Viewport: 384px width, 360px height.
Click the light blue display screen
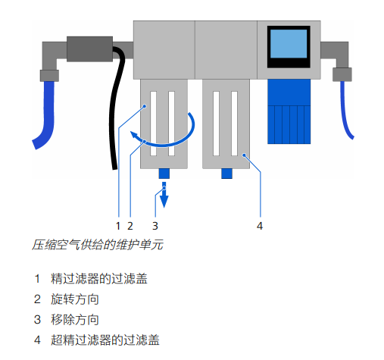pyautogui.click(x=289, y=44)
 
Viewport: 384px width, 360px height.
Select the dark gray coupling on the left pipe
pyautogui.click(x=89, y=49)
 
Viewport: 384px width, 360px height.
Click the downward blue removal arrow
pyautogui.click(x=164, y=195)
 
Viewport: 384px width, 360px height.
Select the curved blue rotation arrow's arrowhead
pyautogui.click(x=134, y=136)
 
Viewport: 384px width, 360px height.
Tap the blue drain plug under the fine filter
pyautogui.click(x=164, y=174)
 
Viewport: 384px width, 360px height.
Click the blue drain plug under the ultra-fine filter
pyautogui.click(x=226, y=174)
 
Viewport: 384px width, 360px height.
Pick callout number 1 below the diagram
pyautogui.click(x=118, y=226)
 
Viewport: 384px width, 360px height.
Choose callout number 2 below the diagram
pyautogui.click(x=130, y=226)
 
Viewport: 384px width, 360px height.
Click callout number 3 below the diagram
pyautogui.click(x=155, y=226)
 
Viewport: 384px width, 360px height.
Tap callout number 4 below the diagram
pyautogui.click(x=260, y=226)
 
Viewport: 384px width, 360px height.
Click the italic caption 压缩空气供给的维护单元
pyautogui.click(x=98, y=245)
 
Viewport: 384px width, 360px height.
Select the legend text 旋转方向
pyautogui.click(x=75, y=299)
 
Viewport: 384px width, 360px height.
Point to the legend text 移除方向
pyautogui.click(x=75, y=320)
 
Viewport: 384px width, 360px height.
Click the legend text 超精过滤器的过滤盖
pyautogui.click(x=105, y=340)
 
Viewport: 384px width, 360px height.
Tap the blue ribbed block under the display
pyautogui.click(x=289, y=111)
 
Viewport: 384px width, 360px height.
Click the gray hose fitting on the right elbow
pyautogui.click(x=342, y=74)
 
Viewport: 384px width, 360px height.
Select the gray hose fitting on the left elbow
pyautogui.click(x=49, y=76)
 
